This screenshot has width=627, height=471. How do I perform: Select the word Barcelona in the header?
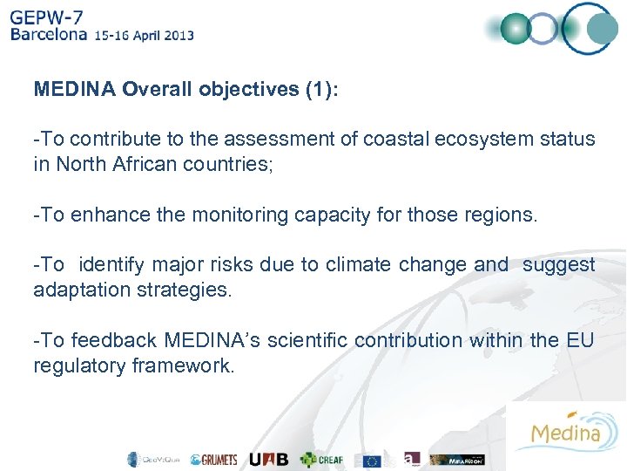pyautogui.click(x=49, y=36)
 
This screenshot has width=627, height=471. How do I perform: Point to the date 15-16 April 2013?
pyautogui.click(x=145, y=37)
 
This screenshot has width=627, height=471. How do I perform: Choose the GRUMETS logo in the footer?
pyautogui.click(x=213, y=460)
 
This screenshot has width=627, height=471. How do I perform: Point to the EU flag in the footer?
pyautogui.click(x=373, y=460)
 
